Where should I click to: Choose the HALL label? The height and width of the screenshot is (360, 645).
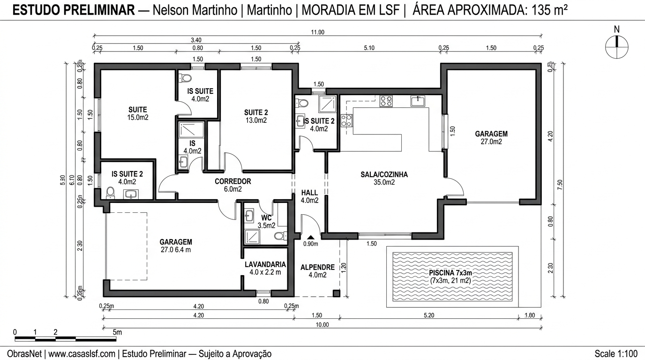(x=309, y=193)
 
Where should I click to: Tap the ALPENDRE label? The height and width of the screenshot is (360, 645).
(x=317, y=268)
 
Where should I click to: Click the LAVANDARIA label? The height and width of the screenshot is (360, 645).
(x=265, y=264)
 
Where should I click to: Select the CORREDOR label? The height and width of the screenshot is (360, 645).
(x=233, y=181)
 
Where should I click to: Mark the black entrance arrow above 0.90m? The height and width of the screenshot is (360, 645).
(x=310, y=238)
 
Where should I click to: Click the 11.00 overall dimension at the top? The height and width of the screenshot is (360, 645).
(x=318, y=32)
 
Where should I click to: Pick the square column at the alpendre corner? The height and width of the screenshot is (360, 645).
(x=336, y=293)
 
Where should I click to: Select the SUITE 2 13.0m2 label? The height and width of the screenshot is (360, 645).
(x=256, y=116)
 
